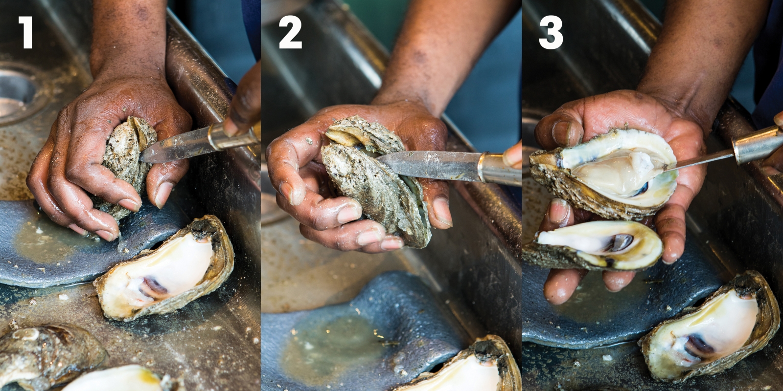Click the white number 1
click(x=25, y=32)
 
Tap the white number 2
click(x=290, y=32)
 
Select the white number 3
click(x=551, y=32)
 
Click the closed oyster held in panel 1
click(x=125, y=161)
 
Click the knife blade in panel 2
click(x=426, y=164)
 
